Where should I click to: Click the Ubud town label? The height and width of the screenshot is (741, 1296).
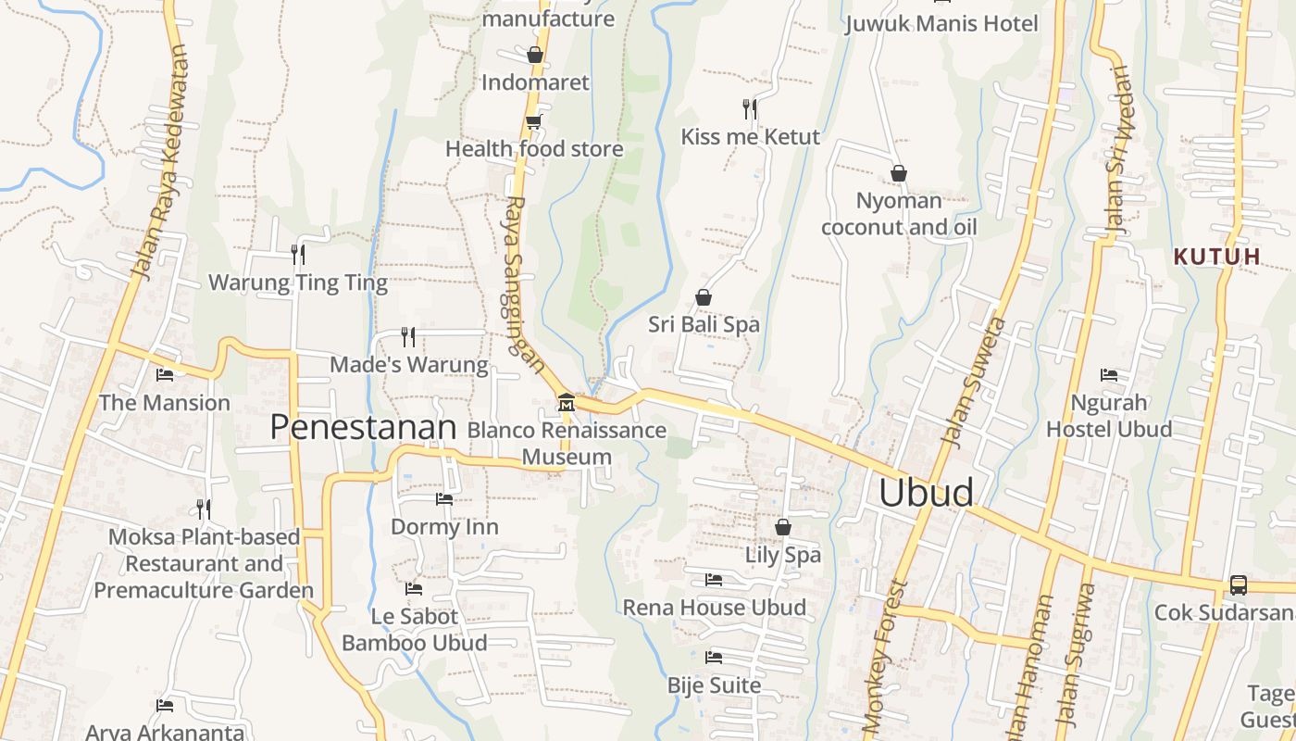pyautogui.click(x=926, y=493)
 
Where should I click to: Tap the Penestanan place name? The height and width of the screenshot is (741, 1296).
pyautogui.click(x=363, y=427)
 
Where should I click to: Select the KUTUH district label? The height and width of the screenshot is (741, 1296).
pyautogui.click(x=1216, y=257)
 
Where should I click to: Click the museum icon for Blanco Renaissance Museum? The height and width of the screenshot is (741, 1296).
pyautogui.click(x=566, y=403)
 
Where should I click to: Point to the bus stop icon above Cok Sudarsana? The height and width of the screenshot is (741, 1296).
pyautogui.click(x=1238, y=585)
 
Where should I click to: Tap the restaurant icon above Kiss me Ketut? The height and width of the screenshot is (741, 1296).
pyautogui.click(x=750, y=109)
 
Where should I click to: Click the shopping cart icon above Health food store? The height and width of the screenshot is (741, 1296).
pyautogui.click(x=533, y=121)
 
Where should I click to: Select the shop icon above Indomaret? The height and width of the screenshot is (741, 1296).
pyautogui.click(x=535, y=55)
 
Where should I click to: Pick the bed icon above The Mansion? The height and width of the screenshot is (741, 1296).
pyautogui.click(x=165, y=375)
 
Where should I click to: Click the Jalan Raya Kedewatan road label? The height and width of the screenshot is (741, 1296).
pyautogui.click(x=161, y=163)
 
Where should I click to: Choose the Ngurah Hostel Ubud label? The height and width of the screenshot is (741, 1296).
pyautogui.click(x=1109, y=416)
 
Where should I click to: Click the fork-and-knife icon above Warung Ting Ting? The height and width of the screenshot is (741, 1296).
pyautogui.click(x=298, y=254)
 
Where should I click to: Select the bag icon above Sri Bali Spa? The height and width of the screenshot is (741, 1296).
pyautogui.click(x=704, y=297)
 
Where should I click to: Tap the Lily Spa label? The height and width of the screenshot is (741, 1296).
pyautogui.click(x=783, y=555)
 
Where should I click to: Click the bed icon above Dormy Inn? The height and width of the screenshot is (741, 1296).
pyautogui.click(x=444, y=499)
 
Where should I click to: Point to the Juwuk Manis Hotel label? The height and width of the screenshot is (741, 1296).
pyautogui.click(x=941, y=23)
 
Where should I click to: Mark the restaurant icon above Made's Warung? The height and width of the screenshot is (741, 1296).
pyautogui.click(x=408, y=336)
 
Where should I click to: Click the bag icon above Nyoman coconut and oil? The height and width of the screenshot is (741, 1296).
pyautogui.click(x=898, y=173)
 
